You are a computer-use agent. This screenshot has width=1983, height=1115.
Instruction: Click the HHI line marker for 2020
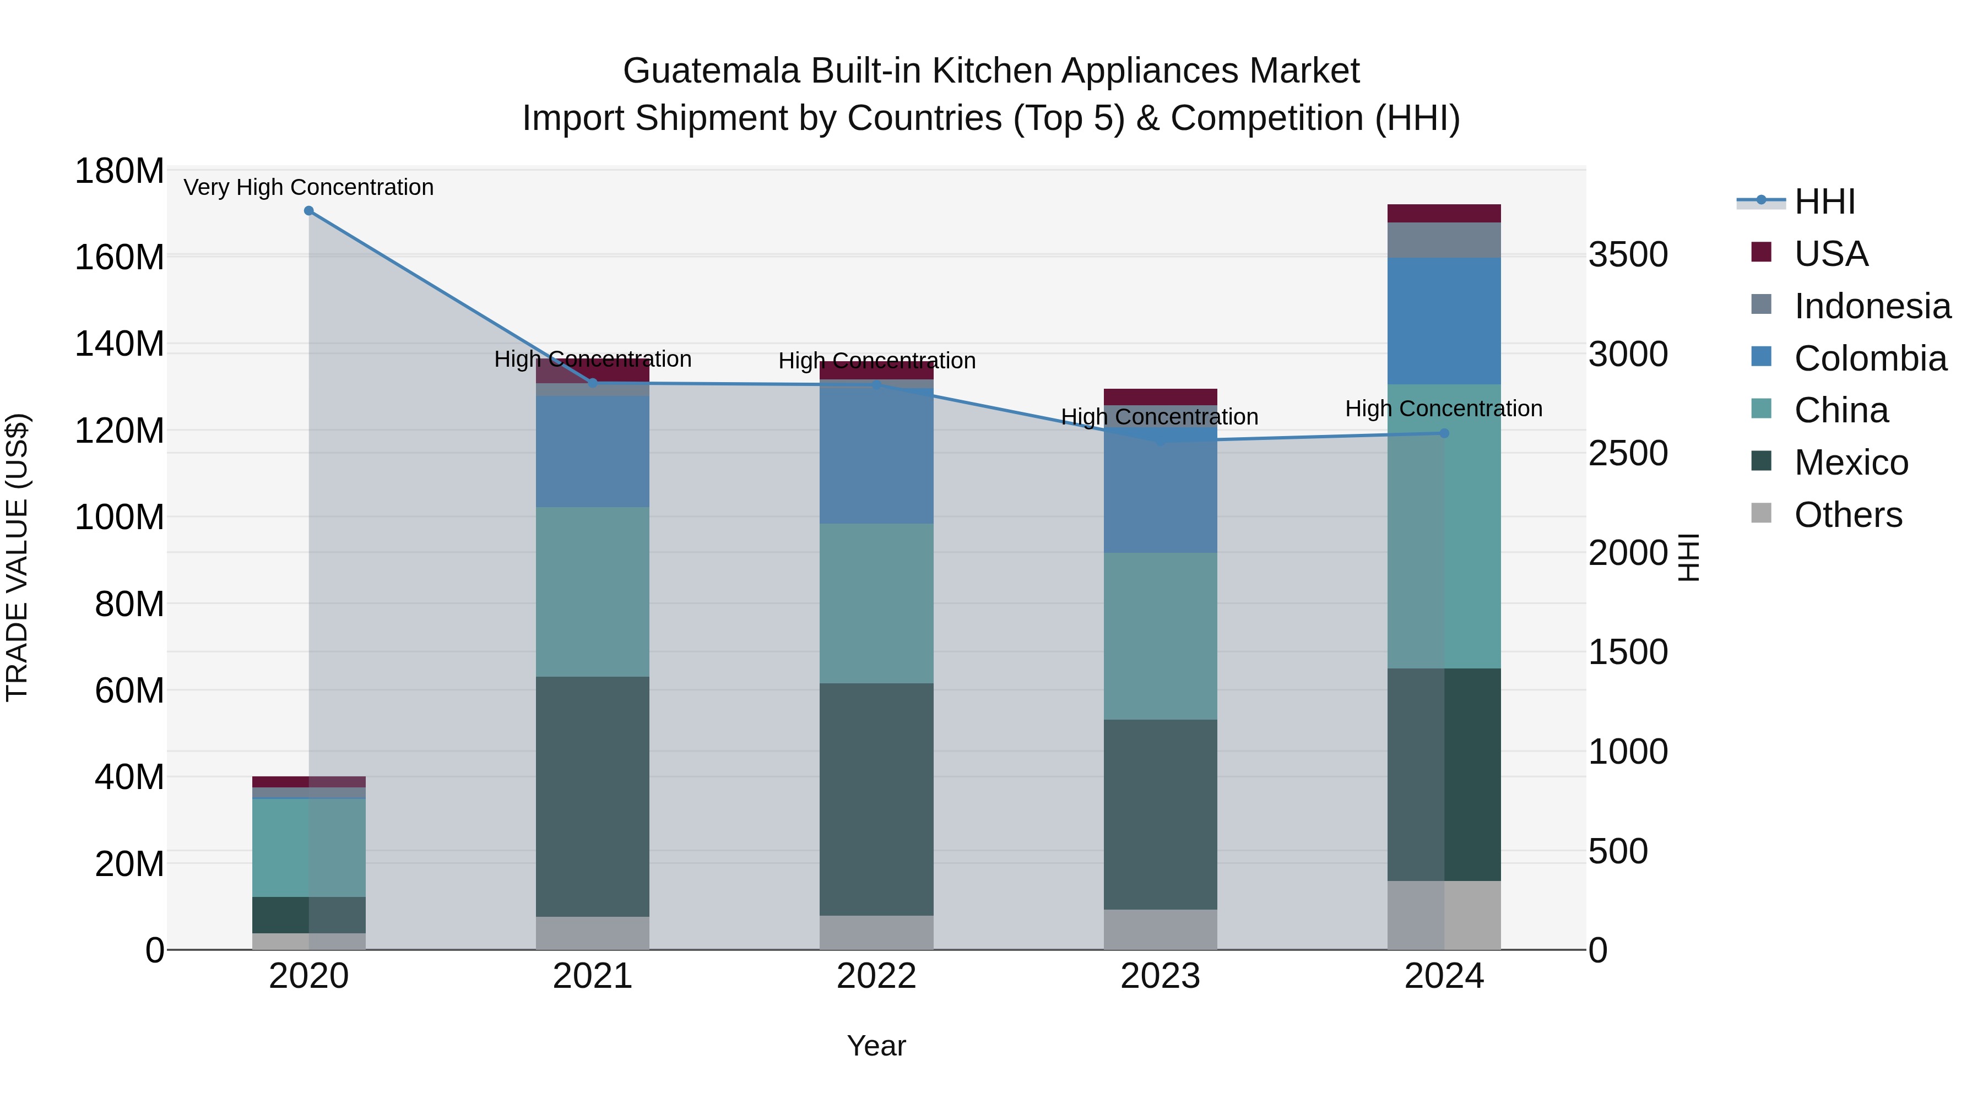[x=308, y=210]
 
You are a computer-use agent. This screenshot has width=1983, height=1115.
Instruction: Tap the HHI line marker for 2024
[x=1444, y=433]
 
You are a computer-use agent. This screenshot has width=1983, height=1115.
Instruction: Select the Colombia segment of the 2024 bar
[x=1444, y=321]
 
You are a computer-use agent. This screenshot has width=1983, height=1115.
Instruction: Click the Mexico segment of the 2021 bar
[x=592, y=796]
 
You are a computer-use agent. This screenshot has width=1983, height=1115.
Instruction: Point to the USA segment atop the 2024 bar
[x=1444, y=213]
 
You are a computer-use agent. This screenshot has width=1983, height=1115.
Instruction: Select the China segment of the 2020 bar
[x=308, y=847]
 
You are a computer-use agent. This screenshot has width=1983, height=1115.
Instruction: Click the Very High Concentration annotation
[x=308, y=187]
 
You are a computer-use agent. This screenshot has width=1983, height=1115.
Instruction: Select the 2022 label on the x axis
[x=876, y=976]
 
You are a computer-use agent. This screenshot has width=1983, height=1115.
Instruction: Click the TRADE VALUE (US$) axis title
[x=17, y=557]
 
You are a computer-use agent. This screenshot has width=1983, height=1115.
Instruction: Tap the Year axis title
[x=876, y=1046]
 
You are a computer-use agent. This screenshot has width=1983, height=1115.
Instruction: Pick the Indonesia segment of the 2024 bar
[x=1444, y=240]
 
